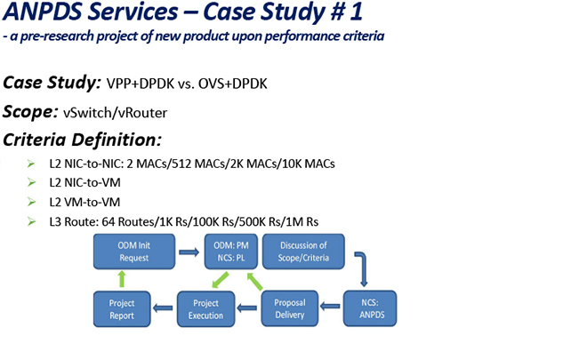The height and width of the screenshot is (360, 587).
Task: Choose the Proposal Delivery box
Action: (x=289, y=308)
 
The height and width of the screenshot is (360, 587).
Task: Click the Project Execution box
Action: (x=206, y=308)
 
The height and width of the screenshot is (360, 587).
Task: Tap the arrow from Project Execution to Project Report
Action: (x=164, y=308)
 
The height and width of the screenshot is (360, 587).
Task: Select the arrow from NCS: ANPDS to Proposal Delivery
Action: (x=330, y=308)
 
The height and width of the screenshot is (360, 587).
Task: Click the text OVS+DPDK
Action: (x=236, y=84)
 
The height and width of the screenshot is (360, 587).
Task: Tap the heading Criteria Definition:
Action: (x=82, y=140)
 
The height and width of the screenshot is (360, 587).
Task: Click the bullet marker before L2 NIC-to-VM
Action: (x=30, y=183)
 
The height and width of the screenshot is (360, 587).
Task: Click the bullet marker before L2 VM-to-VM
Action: (x=30, y=202)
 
